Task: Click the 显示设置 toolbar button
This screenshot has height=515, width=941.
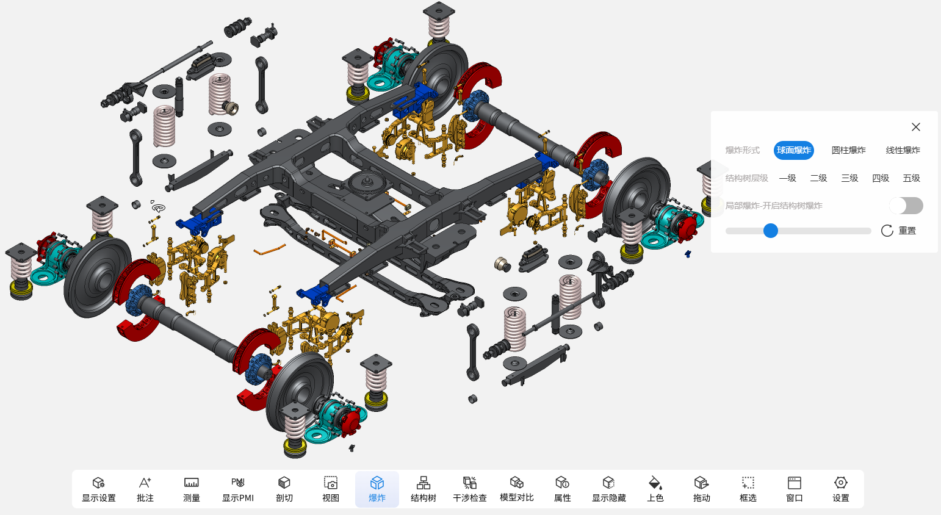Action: (x=99, y=489)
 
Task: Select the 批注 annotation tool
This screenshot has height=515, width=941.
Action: (x=145, y=489)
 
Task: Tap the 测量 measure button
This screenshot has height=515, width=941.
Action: (x=192, y=489)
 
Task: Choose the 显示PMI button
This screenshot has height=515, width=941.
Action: (x=238, y=489)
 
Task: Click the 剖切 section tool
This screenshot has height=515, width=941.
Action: (x=284, y=489)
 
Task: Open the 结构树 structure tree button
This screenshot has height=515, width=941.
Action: (x=424, y=489)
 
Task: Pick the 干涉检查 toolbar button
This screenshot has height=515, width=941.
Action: (x=470, y=489)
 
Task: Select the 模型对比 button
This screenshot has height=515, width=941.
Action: (x=516, y=489)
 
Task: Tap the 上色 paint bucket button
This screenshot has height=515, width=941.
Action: (x=655, y=489)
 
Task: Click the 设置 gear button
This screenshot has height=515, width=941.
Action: (x=840, y=489)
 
